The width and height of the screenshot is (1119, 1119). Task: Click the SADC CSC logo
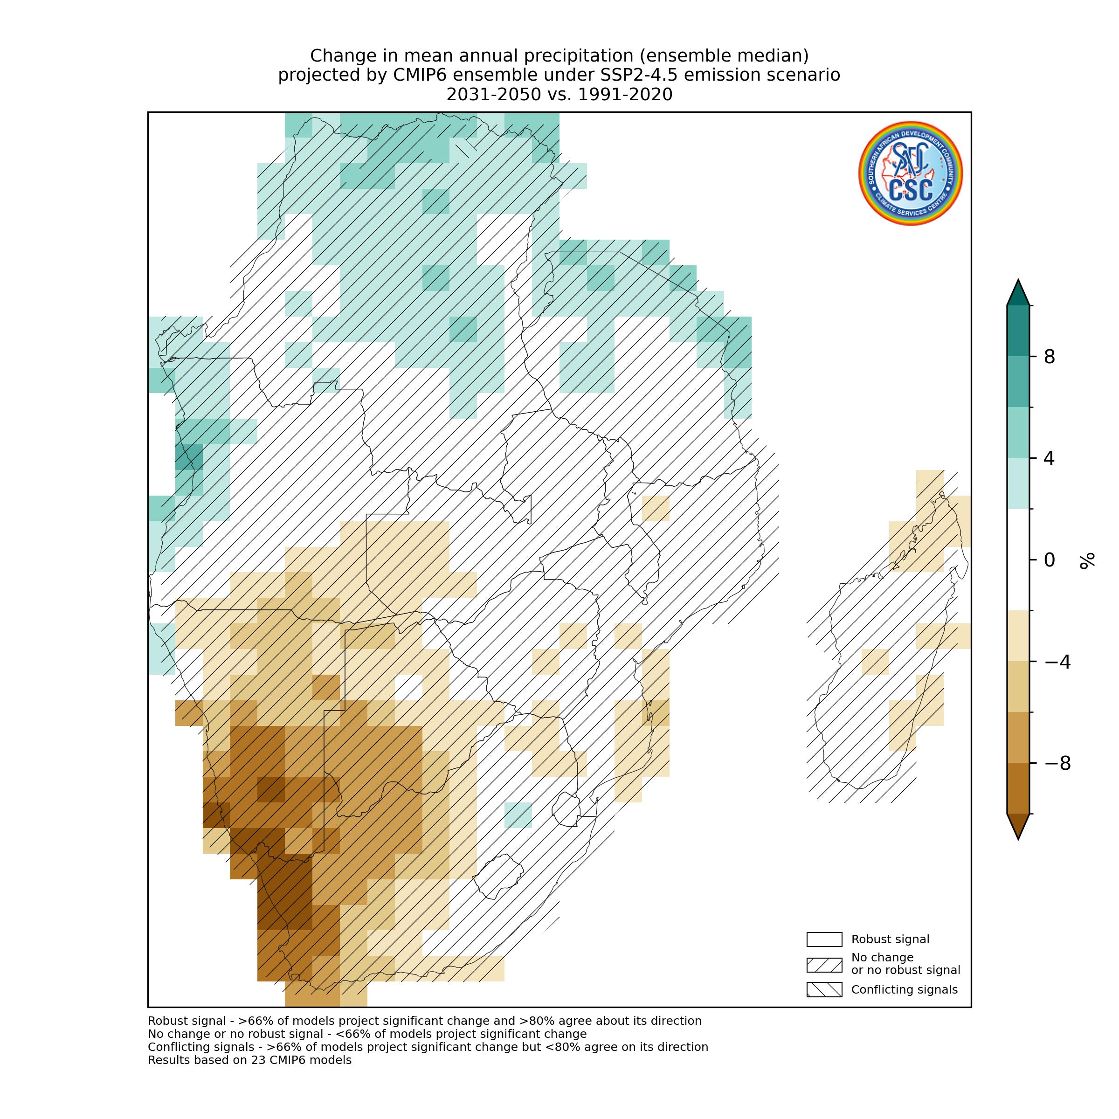coord(910,173)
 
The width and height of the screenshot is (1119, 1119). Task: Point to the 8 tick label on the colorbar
coord(1049,357)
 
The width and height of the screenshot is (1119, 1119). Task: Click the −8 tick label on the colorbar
coord(1057,764)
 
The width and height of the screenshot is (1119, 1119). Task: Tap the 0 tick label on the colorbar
coord(1049,560)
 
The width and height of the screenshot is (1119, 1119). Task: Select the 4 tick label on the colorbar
coord(1049,459)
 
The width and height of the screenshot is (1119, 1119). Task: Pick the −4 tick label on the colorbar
coord(1057,662)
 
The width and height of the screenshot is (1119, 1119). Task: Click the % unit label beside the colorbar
coord(1087,560)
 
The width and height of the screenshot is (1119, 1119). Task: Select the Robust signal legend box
coord(823,939)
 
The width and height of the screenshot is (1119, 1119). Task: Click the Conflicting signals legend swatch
coord(823,989)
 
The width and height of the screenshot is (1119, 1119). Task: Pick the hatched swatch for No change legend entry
coord(823,965)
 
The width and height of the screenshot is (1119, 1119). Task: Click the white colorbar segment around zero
coord(1018,559)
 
